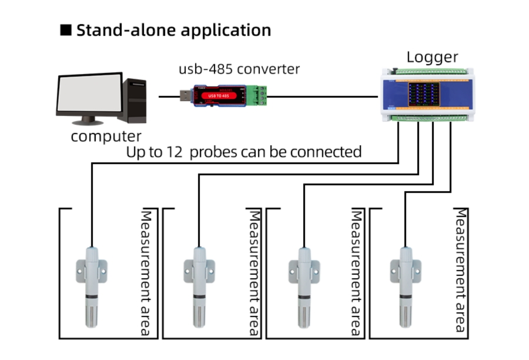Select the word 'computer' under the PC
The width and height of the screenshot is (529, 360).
(106, 137)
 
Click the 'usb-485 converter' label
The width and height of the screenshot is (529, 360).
(239, 69)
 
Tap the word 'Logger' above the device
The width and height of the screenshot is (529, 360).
(432, 57)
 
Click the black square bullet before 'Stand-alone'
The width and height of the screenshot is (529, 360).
(66, 31)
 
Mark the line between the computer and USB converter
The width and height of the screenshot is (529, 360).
(169, 96)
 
